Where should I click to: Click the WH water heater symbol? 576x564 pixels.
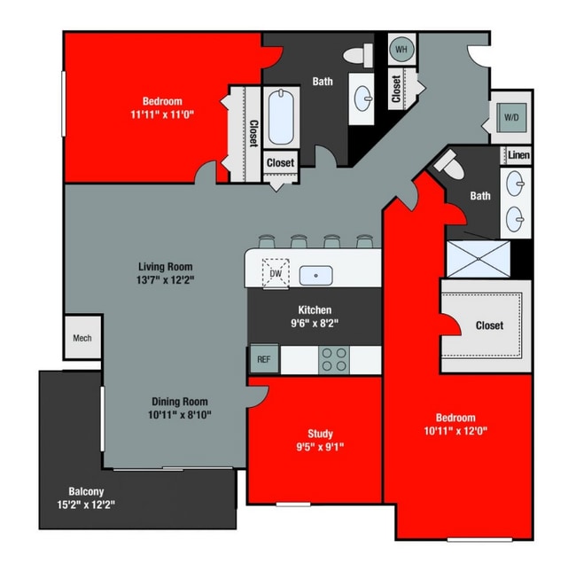tap(401, 50)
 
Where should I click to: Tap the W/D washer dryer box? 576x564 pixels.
tap(512, 116)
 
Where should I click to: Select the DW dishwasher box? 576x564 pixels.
tap(275, 274)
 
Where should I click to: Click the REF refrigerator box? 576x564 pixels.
tap(263, 359)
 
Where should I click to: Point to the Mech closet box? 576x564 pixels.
tap(82, 339)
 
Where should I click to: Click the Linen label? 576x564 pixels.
tap(518, 155)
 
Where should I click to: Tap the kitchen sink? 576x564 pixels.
tap(315, 275)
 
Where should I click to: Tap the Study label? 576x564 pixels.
tap(321, 434)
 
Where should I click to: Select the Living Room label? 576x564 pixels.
tap(166, 266)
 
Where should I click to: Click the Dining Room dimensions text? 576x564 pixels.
tap(181, 414)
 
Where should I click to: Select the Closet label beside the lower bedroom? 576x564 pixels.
tap(489, 325)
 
